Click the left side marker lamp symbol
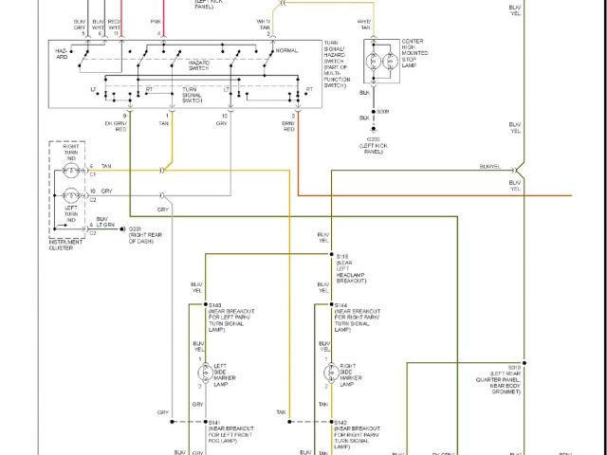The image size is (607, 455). (x=199, y=371)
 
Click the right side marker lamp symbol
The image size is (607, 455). (x=332, y=371)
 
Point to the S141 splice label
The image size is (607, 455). (x=215, y=422)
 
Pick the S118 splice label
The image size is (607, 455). (x=342, y=256)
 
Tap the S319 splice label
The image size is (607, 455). (x=514, y=366)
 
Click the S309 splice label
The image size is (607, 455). (x=383, y=113)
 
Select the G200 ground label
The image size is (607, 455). (x=374, y=138)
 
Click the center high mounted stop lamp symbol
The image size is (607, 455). (x=386, y=64)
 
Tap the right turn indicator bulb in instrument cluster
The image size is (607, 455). (x=70, y=171)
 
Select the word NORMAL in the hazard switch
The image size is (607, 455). (x=287, y=50)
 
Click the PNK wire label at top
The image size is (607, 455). (x=156, y=20)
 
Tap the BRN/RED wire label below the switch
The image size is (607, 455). (x=288, y=125)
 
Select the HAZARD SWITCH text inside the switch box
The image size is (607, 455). (x=198, y=63)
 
